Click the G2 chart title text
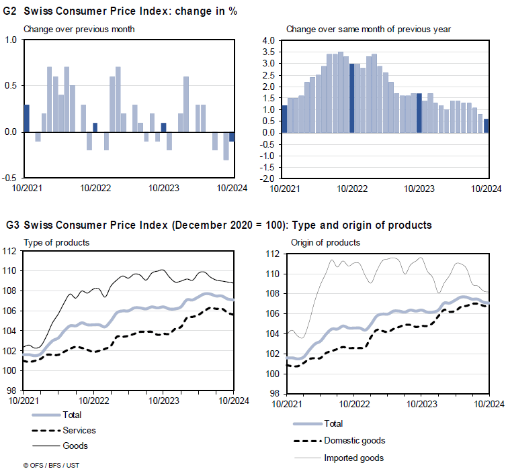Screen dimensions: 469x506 (x=121, y=11)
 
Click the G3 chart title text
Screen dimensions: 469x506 (x=218, y=225)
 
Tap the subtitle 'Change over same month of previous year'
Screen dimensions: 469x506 (x=368, y=29)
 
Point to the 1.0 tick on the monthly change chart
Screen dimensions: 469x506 (x=11, y=40)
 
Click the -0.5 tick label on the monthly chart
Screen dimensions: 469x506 (x=9, y=178)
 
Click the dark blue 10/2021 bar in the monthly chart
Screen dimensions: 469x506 (x=27, y=118)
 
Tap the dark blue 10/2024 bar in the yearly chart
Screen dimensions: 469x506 (x=486, y=125)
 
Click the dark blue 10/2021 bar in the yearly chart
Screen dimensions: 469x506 (x=284, y=119)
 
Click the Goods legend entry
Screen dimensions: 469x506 (x=75, y=446)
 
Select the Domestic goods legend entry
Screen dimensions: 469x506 (x=354, y=440)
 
